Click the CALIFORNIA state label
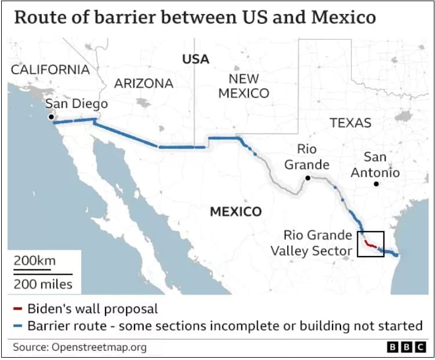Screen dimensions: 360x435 (x=50, y=70)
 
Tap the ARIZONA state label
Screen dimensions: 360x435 (x=143, y=83)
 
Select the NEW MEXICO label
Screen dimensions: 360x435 (x=244, y=86)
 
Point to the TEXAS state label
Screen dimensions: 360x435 (x=350, y=123)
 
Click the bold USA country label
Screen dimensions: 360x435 (x=195, y=59)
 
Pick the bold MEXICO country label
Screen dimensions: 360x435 (x=235, y=211)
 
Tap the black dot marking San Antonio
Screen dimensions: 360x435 (x=376, y=184)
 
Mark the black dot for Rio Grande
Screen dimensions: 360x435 (x=308, y=178)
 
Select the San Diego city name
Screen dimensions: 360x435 (x=77, y=104)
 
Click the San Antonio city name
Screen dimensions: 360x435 (x=375, y=165)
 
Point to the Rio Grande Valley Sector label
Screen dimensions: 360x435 (x=312, y=243)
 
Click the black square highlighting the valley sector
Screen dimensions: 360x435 (x=371, y=244)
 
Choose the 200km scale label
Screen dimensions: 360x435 (x=35, y=260)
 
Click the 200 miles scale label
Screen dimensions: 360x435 (x=43, y=284)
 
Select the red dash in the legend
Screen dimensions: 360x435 (x=18, y=308)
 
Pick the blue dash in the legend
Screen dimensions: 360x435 (x=18, y=326)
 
